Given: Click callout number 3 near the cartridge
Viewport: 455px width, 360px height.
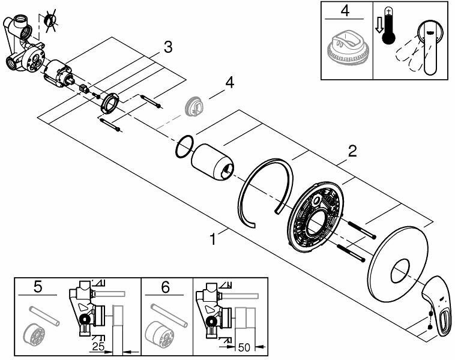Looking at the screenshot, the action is [x=168, y=47].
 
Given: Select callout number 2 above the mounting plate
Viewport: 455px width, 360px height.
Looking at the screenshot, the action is [x=352, y=151].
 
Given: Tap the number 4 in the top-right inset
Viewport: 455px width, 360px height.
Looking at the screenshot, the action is [x=345, y=10].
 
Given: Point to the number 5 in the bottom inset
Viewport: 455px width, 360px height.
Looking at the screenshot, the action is [x=38, y=287].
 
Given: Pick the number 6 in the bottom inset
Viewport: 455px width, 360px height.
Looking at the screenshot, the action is [x=165, y=287].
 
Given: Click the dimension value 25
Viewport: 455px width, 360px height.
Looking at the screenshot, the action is [x=98, y=346].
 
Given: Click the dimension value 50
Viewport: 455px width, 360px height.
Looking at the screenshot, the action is [x=244, y=347].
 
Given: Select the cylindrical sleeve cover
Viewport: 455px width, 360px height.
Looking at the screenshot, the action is [x=212, y=163].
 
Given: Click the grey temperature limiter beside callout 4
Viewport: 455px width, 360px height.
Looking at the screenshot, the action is [x=194, y=106].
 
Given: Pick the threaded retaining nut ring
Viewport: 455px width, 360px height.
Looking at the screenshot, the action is [x=109, y=103].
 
